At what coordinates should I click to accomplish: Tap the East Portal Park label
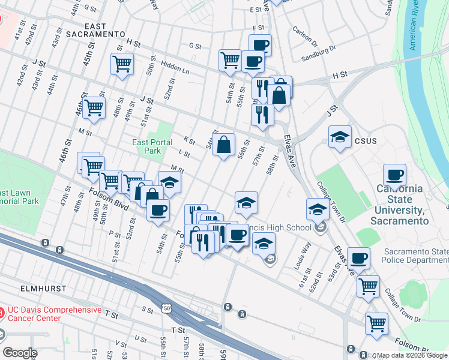pos(152,146)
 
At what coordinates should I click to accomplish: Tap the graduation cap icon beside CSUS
pos(340,137)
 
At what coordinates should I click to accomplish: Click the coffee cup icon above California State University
pos(394,175)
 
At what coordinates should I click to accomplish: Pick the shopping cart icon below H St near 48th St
pos(122,63)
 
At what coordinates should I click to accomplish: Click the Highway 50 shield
pos(166,308)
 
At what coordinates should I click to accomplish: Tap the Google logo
pos(20,353)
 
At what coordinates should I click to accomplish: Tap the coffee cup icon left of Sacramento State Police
pos(358,258)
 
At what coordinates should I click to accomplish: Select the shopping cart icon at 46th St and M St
pos(94,107)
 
